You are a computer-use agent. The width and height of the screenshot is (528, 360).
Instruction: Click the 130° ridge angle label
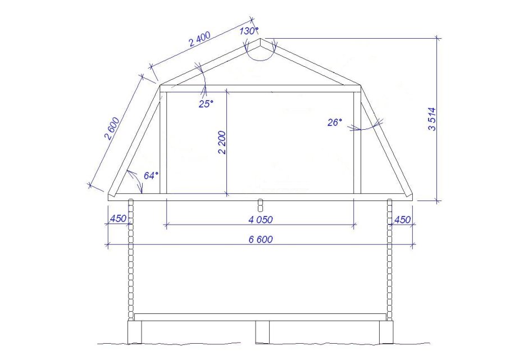249,31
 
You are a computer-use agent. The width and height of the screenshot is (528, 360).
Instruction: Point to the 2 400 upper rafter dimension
199,39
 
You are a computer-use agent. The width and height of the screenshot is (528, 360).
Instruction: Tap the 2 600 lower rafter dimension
112,128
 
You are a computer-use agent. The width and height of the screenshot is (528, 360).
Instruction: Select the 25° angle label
206,104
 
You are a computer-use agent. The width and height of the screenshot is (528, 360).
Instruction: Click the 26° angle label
335,122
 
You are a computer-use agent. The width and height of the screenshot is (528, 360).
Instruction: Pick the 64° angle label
151,175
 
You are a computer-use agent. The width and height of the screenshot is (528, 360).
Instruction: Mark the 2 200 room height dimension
222,142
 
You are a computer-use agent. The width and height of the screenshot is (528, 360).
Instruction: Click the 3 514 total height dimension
432,119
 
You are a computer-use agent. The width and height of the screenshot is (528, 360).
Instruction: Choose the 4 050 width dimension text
261,220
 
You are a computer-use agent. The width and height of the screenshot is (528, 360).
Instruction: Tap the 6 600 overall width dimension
261,239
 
